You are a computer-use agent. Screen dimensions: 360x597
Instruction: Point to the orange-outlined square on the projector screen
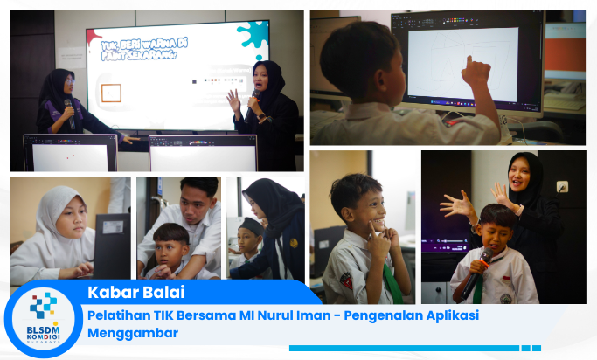coord(111,93)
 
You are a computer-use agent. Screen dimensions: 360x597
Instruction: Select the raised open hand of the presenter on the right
coord(233,100)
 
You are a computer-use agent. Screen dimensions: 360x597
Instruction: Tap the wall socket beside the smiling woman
coord(562,186)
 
